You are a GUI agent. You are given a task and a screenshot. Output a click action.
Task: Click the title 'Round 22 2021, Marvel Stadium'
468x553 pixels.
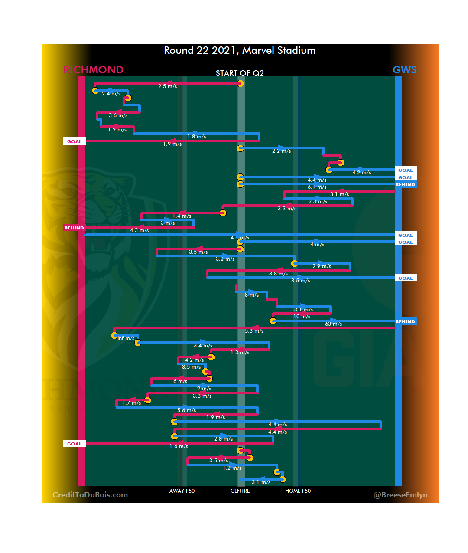pos(240,51)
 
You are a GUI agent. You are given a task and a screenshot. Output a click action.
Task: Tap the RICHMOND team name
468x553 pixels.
pos(93,70)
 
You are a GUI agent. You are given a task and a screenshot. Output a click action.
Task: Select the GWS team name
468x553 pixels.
pos(404,70)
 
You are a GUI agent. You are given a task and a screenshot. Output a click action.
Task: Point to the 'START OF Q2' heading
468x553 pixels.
pos(240,73)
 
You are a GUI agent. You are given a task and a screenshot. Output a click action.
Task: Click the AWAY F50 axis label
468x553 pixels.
pos(182,491)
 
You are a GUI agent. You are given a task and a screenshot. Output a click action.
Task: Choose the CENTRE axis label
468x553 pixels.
pos(240,491)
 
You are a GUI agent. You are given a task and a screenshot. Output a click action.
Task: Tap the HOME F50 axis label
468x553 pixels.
pos(298,491)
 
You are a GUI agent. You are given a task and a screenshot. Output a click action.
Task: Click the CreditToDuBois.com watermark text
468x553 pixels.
pos(90,495)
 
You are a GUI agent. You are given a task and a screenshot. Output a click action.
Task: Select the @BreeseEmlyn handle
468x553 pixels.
pos(400,495)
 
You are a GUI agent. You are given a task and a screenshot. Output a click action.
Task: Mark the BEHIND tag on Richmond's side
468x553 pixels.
pos(74,228)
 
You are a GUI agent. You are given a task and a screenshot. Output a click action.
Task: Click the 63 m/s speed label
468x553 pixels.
pos(333,324)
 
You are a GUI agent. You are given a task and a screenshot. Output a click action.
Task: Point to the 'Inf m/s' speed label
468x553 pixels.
pos(126,338)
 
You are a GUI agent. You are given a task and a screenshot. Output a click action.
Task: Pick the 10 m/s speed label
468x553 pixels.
pos(302,317)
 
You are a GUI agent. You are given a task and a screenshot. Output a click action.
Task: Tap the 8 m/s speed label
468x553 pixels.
pos(252,295)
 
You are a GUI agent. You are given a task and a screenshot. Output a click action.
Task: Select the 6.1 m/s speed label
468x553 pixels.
pos(317,187)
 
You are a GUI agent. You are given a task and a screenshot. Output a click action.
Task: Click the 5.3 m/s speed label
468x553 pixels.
pos(254,331)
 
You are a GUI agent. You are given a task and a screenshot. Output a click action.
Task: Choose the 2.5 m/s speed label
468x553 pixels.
pos(167,86)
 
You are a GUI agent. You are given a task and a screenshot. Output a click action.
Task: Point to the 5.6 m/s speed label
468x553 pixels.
pos(186,410)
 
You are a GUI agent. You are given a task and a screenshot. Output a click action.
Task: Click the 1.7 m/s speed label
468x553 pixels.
pos(131,403)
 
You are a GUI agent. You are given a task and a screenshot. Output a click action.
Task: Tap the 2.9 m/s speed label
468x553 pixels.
pos(322,266)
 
